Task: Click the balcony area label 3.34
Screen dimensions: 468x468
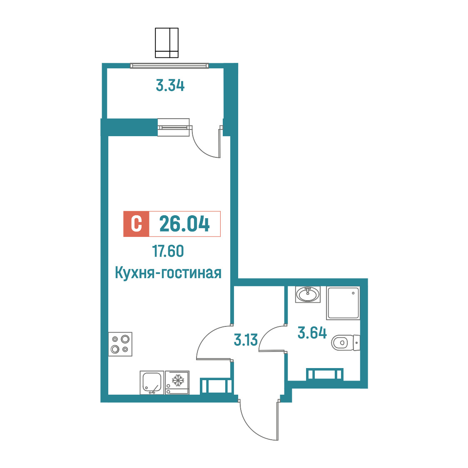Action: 170,85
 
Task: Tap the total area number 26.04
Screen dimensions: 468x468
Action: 184,224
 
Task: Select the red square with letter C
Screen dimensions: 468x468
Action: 136,224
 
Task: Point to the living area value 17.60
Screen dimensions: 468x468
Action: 168,251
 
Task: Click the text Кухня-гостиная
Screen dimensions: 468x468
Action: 168,273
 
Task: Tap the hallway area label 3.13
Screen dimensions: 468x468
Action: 246,340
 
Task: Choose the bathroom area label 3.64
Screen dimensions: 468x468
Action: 312,333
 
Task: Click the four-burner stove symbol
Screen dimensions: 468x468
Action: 120,344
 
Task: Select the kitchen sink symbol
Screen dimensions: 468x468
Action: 152,382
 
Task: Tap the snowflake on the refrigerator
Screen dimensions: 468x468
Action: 178,380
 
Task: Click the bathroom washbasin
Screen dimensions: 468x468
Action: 308,294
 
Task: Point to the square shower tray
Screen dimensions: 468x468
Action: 343,303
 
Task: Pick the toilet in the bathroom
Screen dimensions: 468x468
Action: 346,342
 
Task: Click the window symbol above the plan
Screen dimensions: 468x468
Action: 167,43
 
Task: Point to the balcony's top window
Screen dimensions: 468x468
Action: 169,66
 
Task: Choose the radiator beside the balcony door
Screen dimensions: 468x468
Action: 173,127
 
